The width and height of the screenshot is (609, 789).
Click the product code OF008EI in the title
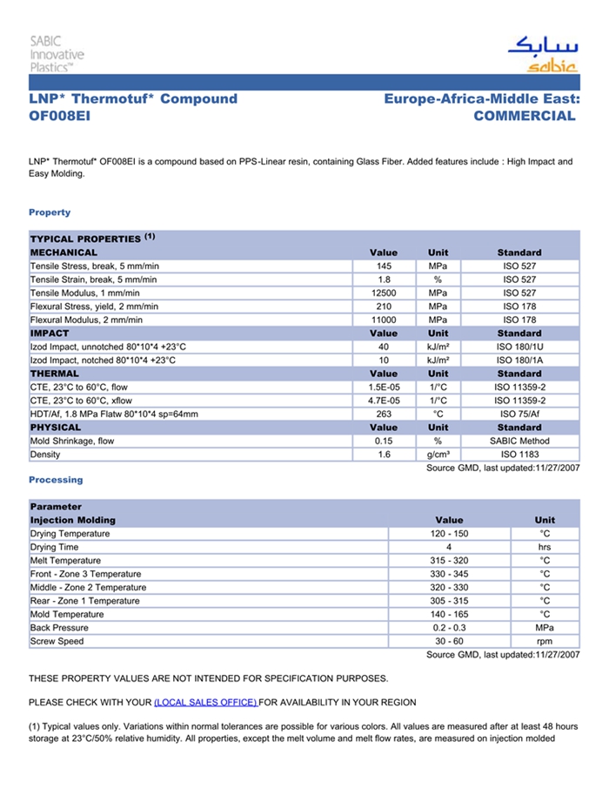[59, 116]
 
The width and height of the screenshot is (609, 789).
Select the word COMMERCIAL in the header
[525, 116]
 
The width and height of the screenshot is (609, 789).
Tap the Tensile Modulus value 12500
[384, 293]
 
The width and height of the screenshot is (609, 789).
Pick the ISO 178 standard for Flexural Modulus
[519, 320]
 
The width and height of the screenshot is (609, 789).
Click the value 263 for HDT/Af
[384, 414]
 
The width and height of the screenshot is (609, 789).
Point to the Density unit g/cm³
[438, 455]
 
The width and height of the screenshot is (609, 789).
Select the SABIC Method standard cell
[519, 441]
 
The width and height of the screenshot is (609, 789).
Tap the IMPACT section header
[50, 333]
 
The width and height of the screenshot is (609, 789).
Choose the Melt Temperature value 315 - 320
[449, 560]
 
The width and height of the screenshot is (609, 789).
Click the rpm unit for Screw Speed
[545, 641]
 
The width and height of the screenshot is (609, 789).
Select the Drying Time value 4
[449, 547]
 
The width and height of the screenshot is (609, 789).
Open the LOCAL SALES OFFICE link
[205, 702]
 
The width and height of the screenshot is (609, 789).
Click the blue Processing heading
[56, 480]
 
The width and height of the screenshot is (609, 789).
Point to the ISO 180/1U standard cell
[519, 347]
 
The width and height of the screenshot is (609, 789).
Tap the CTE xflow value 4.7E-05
[384, 401]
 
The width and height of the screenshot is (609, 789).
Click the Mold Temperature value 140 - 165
[449, 614]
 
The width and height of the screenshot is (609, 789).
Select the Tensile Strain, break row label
[94, 280]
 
